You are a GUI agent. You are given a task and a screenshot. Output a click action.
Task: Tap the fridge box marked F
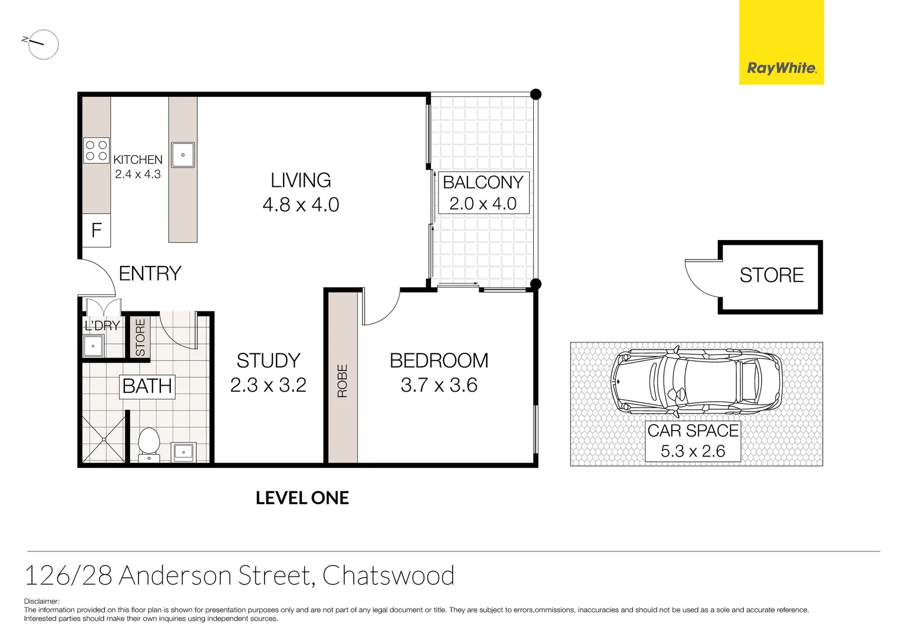pos(97,230)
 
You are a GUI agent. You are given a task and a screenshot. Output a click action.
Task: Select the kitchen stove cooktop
pos(96,150)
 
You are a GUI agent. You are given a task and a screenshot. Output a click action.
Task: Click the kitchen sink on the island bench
pos(183,155)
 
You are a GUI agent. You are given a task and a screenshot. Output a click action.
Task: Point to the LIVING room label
pos(301,180)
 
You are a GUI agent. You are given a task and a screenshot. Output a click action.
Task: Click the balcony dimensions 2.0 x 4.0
pos(483,203)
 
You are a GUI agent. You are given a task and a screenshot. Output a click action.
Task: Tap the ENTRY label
pos(150,274)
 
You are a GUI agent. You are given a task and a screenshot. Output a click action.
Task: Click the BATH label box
pos(147,386)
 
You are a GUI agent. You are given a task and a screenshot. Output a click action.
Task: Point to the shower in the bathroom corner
pos(104,439)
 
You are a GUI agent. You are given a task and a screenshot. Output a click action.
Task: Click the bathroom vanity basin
pos(183,452)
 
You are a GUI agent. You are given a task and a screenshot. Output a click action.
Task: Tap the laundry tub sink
pos(93,346)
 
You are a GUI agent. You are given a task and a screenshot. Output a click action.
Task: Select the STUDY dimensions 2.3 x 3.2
pos(268,385)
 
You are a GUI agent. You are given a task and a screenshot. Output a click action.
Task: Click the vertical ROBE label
pos(342,380)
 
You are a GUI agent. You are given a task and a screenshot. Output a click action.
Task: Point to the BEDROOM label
pos(439,360)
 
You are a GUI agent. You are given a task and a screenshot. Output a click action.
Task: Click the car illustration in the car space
pos(696,381)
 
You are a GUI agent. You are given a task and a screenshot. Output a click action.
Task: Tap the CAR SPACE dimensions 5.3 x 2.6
pos(693,451)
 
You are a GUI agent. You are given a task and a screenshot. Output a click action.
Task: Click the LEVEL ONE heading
pos(302,498)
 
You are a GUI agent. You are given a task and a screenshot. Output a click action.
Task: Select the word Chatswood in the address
pos(388,576)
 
